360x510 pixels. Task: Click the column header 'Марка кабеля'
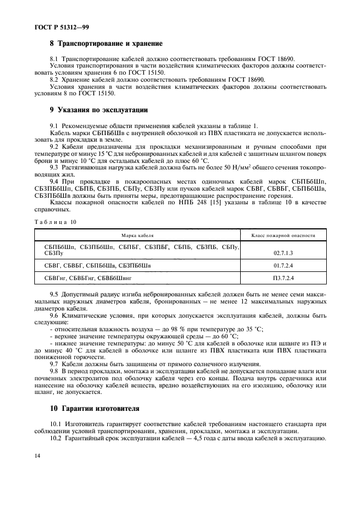pyautogui.click(x=137, y=235)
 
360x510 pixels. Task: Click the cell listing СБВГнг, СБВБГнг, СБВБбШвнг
pyautogui.click(x=88, y=278)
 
